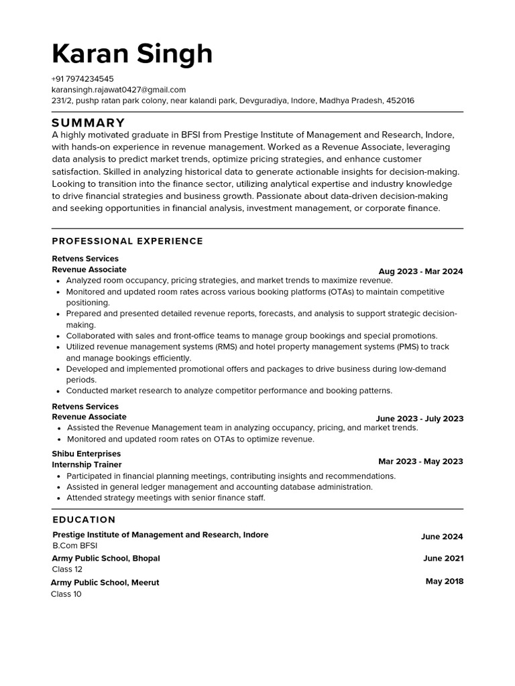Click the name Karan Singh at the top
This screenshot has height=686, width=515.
coord(132,54)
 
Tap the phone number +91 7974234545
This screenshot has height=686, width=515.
coord(82,78)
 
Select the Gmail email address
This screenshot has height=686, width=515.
coord(119,89)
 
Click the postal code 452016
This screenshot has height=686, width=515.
coord(400,100)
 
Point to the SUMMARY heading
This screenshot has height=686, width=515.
coord(89,123)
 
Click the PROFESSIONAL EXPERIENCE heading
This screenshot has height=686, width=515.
coord(127,241)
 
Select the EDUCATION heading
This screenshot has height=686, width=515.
coord(84,520)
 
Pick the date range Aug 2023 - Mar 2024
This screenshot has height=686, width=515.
coord(420,271)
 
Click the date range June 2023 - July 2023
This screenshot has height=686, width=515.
coord(419,419)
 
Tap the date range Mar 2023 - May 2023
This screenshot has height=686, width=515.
coord(420,462)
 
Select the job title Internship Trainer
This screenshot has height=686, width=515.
coord(87,464)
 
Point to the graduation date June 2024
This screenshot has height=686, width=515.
coord(441,537)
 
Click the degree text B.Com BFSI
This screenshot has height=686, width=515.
coord(74,546)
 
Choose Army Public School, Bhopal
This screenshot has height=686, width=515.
coord(106,558)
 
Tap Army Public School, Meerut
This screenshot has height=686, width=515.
coord(105,583)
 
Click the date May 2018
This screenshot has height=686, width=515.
coord(444,581)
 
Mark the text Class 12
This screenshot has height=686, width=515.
coord(67,569)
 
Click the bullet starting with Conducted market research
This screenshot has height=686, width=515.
coord(229,391)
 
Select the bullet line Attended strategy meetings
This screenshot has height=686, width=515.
coord(166,498)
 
